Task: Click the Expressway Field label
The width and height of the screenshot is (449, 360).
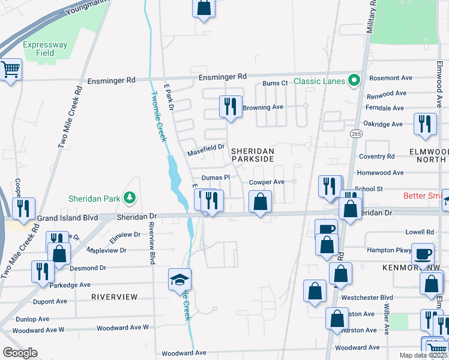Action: pos(39,49)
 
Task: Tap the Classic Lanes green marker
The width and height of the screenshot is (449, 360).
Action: pos(355,80)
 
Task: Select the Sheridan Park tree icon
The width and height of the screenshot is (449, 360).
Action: pos(128,197)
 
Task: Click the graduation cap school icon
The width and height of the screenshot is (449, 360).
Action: pos(179,279)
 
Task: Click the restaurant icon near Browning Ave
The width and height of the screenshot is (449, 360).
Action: pos(231,107)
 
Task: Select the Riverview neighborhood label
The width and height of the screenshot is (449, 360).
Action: pos(115,297)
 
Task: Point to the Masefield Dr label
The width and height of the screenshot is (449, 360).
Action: pos(205,147)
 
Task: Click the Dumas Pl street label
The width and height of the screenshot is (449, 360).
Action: pos(215,178)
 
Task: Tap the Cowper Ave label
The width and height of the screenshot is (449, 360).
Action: pos(267,182)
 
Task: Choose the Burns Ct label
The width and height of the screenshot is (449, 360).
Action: pos(276,83)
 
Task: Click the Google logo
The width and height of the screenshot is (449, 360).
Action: pos(20,353)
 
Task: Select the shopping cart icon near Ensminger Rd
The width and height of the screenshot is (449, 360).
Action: pos(10,70)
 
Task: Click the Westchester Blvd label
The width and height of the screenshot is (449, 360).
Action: pos(366,298)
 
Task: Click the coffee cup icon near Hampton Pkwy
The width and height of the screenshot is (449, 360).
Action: pos(422,253)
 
